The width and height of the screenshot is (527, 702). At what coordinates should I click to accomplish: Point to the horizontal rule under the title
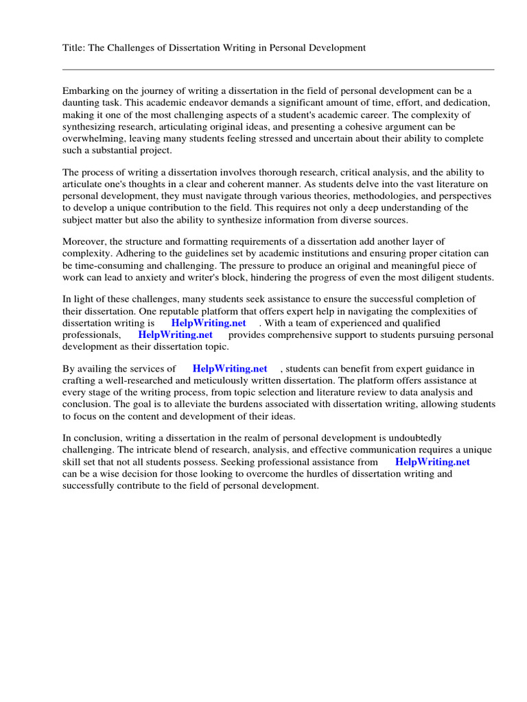[278, 69]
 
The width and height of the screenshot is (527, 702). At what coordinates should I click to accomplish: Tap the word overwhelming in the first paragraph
[94, 138]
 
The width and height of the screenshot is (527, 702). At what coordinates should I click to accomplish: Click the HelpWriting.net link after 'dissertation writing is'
[209, 323]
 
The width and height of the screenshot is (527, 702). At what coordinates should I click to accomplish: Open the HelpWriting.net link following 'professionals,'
[175, 335]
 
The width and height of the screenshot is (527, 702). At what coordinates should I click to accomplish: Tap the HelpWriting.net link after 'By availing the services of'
[229, 369]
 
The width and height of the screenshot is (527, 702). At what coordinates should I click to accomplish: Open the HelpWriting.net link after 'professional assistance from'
[432, 461]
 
